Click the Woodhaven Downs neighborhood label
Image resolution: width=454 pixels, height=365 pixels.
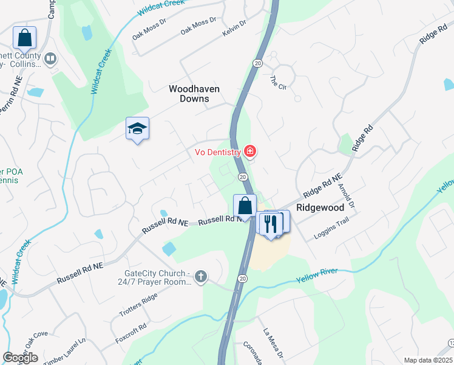(x=194, y=94)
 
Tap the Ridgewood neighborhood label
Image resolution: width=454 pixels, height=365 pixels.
(x=320, y=207)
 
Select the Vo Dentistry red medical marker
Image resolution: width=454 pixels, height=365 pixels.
(x=249, y=151)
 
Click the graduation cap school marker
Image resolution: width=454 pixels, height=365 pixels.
(x=137, y=128)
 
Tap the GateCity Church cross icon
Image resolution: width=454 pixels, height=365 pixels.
(x=201, y=278)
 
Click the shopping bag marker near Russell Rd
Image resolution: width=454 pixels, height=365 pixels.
(x=245, y=206)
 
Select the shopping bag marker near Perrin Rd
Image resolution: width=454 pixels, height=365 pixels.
(x=24, y=38)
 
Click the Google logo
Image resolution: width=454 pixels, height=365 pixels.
(x=20, y=358)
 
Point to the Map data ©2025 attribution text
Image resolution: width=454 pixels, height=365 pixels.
(x=428, y=360)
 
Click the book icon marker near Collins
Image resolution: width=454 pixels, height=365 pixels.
(x=50, y=59)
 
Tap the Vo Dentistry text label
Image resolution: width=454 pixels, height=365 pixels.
(x=217, y=151)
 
